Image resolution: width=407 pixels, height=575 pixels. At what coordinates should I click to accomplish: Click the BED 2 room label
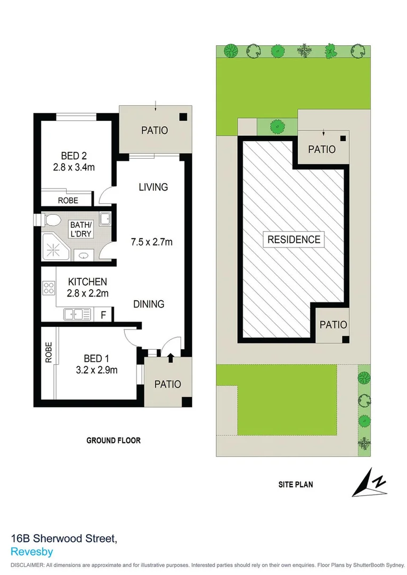tap(74, 156)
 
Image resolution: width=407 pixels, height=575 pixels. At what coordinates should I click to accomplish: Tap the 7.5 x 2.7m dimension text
tap(152, 242)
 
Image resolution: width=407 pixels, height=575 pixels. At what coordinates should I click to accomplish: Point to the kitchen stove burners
tap(48, 289)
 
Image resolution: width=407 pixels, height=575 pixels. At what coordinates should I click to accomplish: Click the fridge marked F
tap(104, 315)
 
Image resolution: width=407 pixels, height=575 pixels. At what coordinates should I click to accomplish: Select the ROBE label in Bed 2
tap(68, 200)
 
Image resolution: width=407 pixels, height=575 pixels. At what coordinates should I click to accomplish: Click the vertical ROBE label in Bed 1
tap(48, 352)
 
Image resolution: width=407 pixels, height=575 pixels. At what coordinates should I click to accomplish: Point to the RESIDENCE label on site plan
tap(294, 240)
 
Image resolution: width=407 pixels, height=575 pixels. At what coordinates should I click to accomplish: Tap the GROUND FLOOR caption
tap(113, 440)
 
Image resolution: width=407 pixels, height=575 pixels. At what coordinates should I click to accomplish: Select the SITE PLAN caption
tap(295, 484)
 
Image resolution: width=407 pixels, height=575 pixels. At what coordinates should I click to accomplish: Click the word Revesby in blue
tap(31, 552)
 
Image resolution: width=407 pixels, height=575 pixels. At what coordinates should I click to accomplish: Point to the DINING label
tap(149, 304)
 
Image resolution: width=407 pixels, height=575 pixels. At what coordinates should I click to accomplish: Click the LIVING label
tap(153, 187)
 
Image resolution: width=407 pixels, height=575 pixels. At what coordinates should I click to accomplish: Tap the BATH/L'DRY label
tap(81, 228)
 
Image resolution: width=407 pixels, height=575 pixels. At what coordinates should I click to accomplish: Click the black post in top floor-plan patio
tap(183, 118)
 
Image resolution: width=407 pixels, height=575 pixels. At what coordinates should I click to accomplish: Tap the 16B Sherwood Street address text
tap(64, 539)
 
